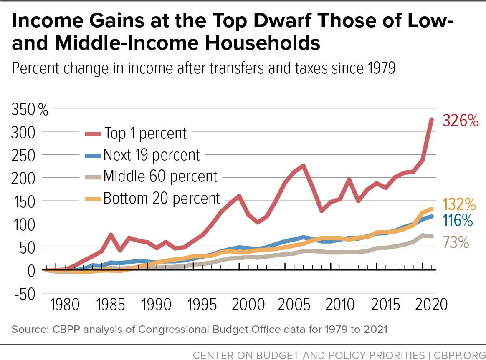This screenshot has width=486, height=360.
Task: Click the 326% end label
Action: pyautogui.click(x=460, y=121)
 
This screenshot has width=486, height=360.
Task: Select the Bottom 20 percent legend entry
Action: pyautogui.click(x=162, y=198)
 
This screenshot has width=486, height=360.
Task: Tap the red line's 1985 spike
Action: pyautogui.click(x=111, y=235)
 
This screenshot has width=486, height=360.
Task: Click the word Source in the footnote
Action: pyautogui.click(x=28, y=330)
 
